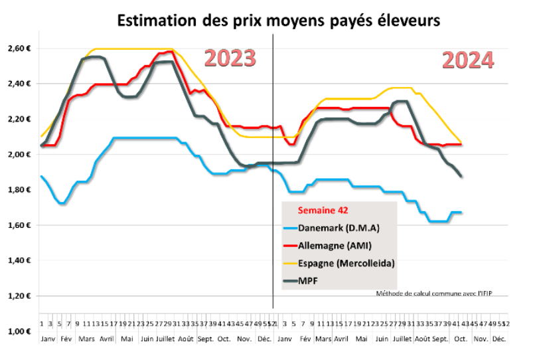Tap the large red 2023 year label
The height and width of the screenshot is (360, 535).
230,58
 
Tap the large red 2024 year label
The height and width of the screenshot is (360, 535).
468,60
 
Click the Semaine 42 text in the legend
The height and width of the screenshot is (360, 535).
323,211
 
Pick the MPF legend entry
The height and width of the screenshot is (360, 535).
309,281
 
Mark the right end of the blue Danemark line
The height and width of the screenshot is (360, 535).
461,213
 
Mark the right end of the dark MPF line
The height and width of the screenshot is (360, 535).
461,176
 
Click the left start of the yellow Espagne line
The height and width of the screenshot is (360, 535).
42,136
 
